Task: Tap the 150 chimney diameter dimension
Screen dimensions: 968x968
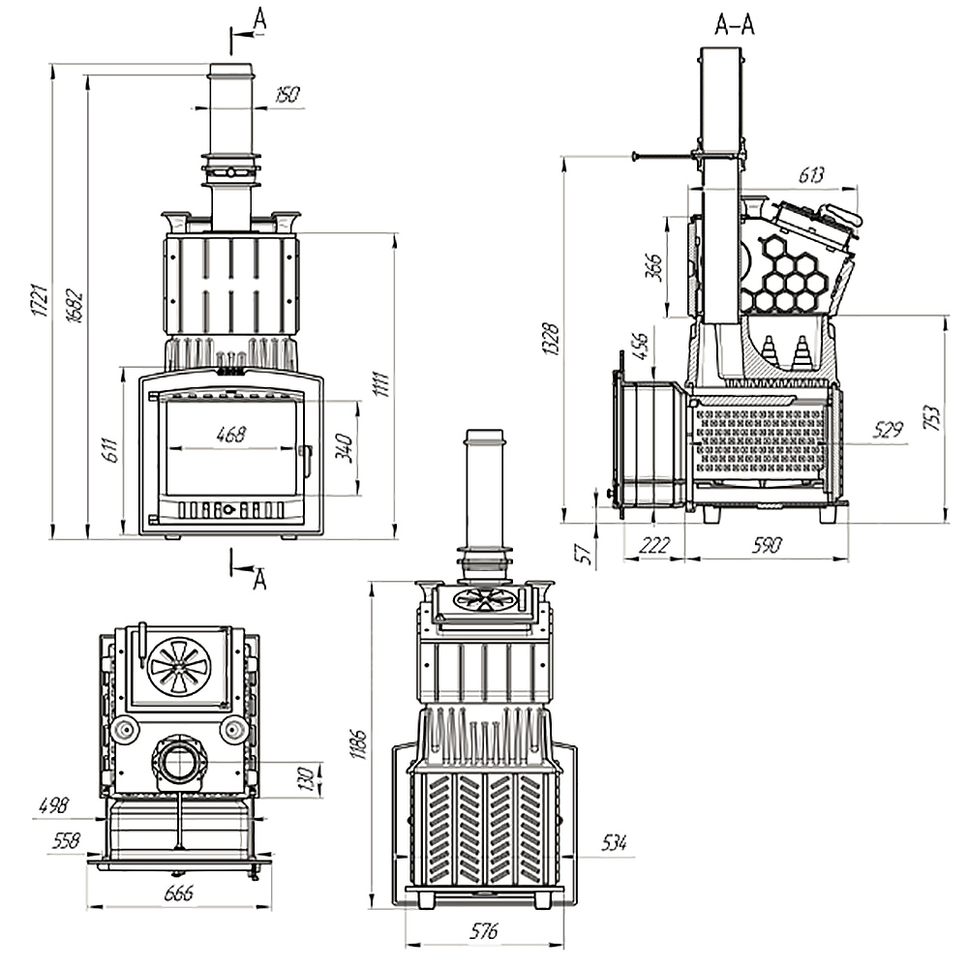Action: (x=287, y=95)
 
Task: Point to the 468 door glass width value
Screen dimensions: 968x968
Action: (x=231, y=435)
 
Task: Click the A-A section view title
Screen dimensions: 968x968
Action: (x=734, y=26)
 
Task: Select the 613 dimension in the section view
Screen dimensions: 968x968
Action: (x=811, y=175)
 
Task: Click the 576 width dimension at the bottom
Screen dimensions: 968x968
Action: (x=483, y=932)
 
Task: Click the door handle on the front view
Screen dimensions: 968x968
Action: (x=306, y=460)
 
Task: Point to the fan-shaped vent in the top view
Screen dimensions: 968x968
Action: (x=178, y=665)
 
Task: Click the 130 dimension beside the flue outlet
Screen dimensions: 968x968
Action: (x=307, y=776)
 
